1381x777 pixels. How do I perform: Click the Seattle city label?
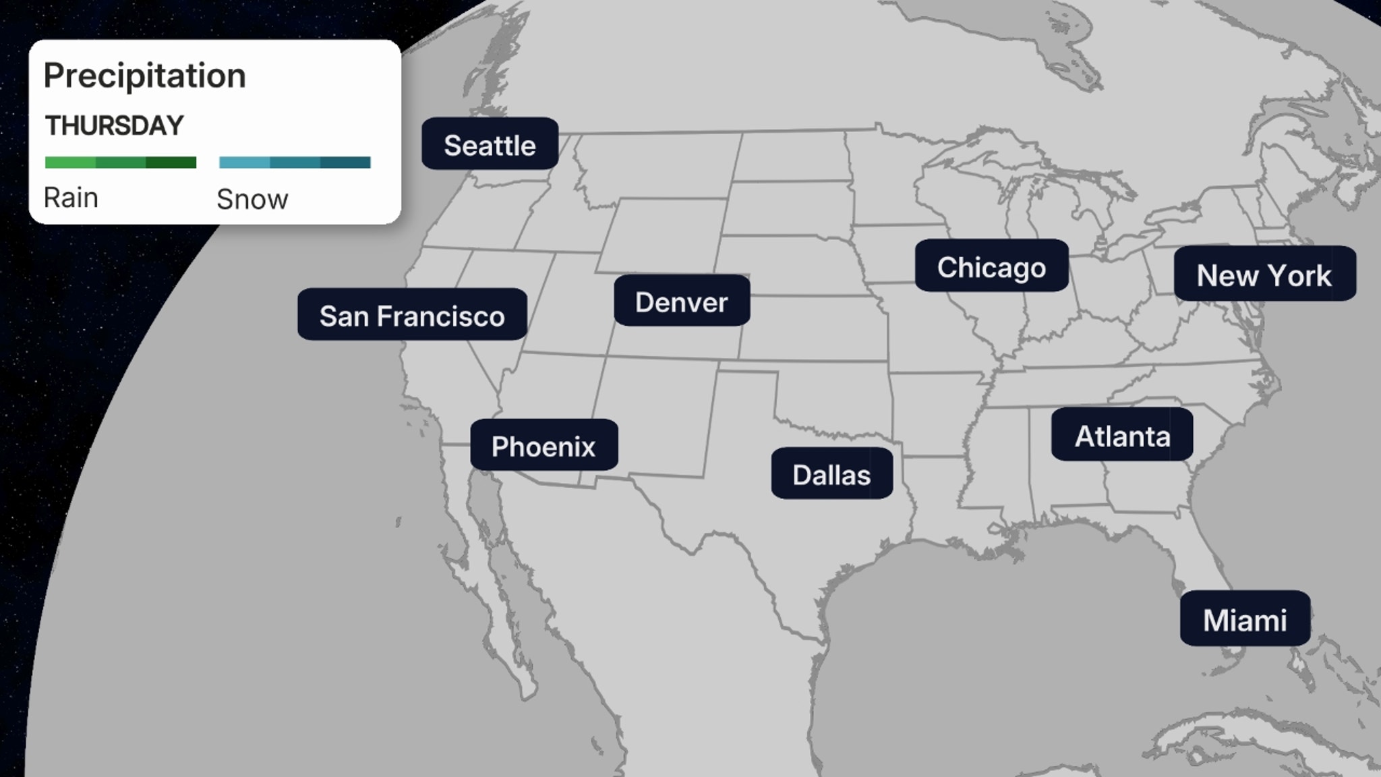tap(490, 144)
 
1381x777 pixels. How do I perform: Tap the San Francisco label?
tap(412, 314)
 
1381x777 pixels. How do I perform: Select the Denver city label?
tap(682, 301)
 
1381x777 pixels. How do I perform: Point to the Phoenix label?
tap(543, 445)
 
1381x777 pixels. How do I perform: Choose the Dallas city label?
tap(831, 473)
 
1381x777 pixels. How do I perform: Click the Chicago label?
tap(991, 266)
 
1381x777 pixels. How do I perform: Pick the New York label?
tap(1264, 274)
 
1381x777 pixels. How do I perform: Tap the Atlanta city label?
tap(1122, 435)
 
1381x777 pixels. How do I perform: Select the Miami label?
tap(1245, 618)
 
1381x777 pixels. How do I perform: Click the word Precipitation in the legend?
tap(144, 76)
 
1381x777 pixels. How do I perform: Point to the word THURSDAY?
tap(114, 126)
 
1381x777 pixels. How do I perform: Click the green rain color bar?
tap(121, 163)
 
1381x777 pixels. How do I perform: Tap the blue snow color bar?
tap(295, 163)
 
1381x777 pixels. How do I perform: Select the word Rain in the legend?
tap(71, 198)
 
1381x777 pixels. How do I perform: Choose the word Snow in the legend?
tap(252, 200)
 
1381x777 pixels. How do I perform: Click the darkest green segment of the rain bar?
tap(171, 163)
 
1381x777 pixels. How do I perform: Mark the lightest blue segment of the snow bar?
tap(244, 163)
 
